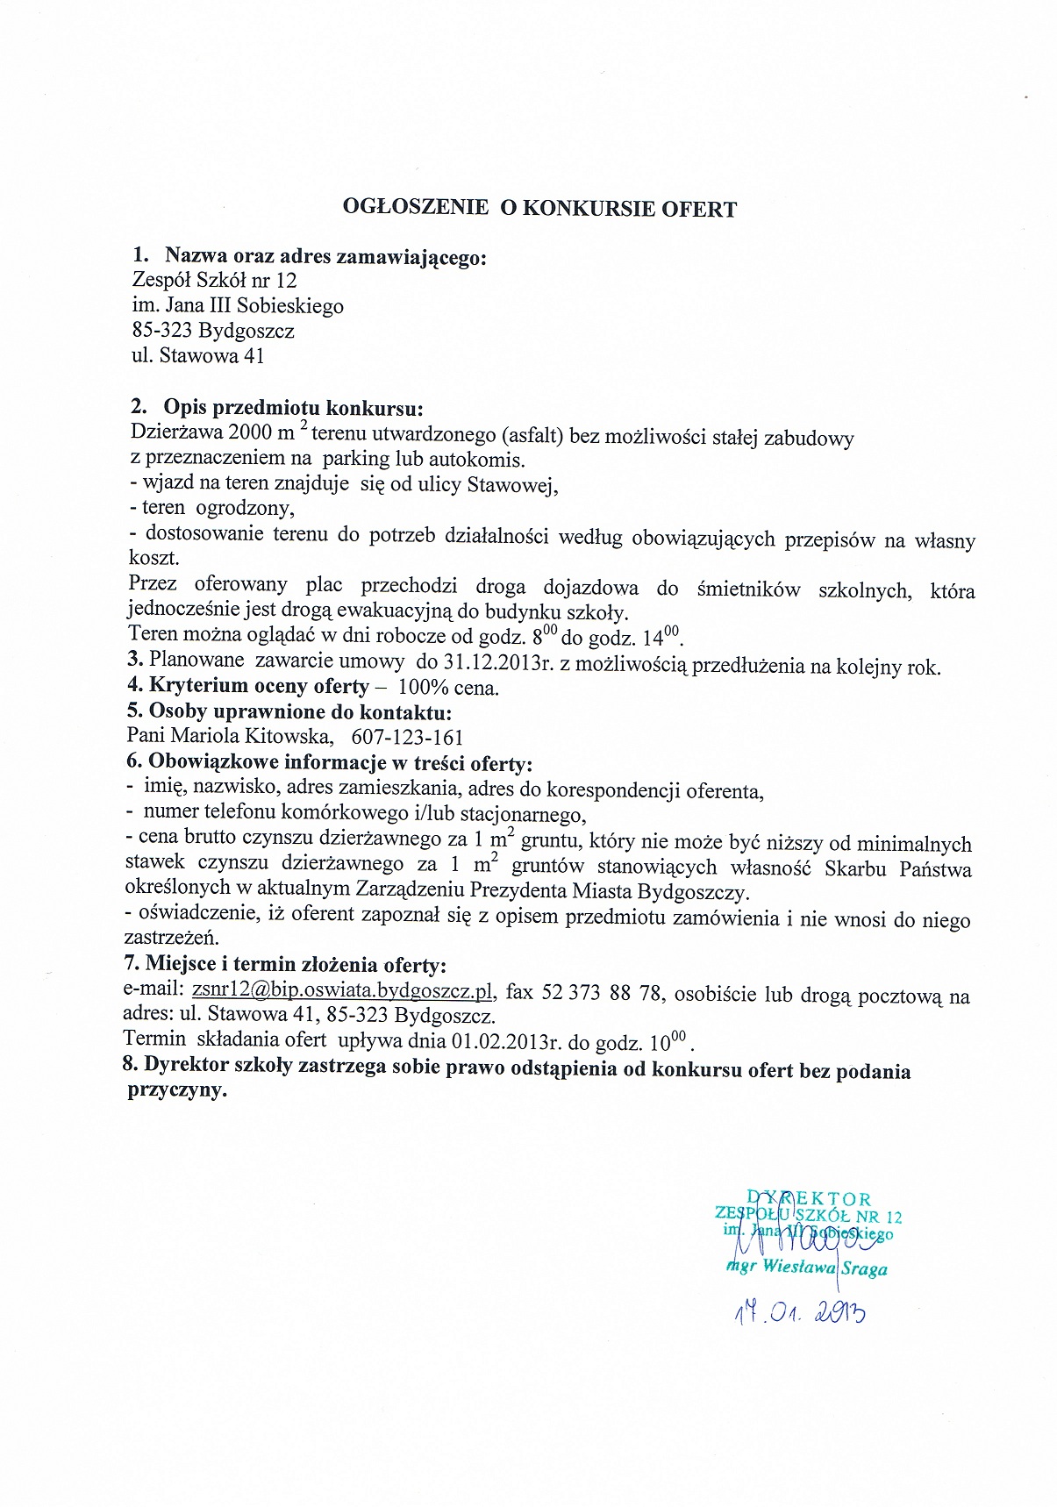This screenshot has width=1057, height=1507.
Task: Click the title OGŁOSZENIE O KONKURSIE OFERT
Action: coord(539,209)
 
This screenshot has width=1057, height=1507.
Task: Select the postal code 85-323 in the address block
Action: coord(161,332)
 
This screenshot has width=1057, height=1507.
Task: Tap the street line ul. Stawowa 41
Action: coord(196,356)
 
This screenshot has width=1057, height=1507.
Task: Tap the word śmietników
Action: coord(748,589)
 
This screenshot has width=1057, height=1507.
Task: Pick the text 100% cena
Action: coord(448,688)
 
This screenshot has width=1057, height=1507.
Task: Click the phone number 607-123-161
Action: coord(407,738)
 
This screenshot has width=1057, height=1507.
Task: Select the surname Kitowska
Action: coord(292,737)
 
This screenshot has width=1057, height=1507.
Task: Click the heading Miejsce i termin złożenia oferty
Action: coord(296,965)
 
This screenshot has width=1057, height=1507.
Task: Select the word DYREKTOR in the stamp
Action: coord(810,1199)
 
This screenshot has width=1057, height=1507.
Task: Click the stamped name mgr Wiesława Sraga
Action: coord(808,1268)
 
